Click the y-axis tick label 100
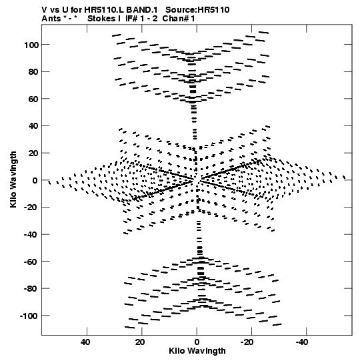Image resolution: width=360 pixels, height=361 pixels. coord(31,45)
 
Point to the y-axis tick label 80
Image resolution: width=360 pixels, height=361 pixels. coord(33,72)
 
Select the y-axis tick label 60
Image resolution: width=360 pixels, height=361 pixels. coord(33,99)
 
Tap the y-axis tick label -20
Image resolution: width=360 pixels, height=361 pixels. coord(31,208)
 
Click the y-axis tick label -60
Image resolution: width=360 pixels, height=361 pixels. coord(31,262)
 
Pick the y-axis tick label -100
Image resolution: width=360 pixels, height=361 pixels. coord(29,316)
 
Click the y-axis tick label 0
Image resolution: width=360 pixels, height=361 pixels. coord(35,180)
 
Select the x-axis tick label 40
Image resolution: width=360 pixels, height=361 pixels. coord(85,342)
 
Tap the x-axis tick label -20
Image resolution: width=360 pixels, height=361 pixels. coord(247,342)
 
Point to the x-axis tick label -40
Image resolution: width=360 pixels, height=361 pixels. coord(302,342)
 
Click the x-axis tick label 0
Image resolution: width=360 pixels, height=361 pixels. coord(197,342)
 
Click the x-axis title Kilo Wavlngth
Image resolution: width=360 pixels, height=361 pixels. coord(197,352)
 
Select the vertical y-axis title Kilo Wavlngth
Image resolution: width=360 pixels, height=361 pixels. coord(13,179)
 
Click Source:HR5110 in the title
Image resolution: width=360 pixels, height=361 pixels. coord(197,10)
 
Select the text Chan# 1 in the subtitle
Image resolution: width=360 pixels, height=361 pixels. coord(179,19)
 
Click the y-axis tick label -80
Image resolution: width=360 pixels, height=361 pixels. coord(31,289)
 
